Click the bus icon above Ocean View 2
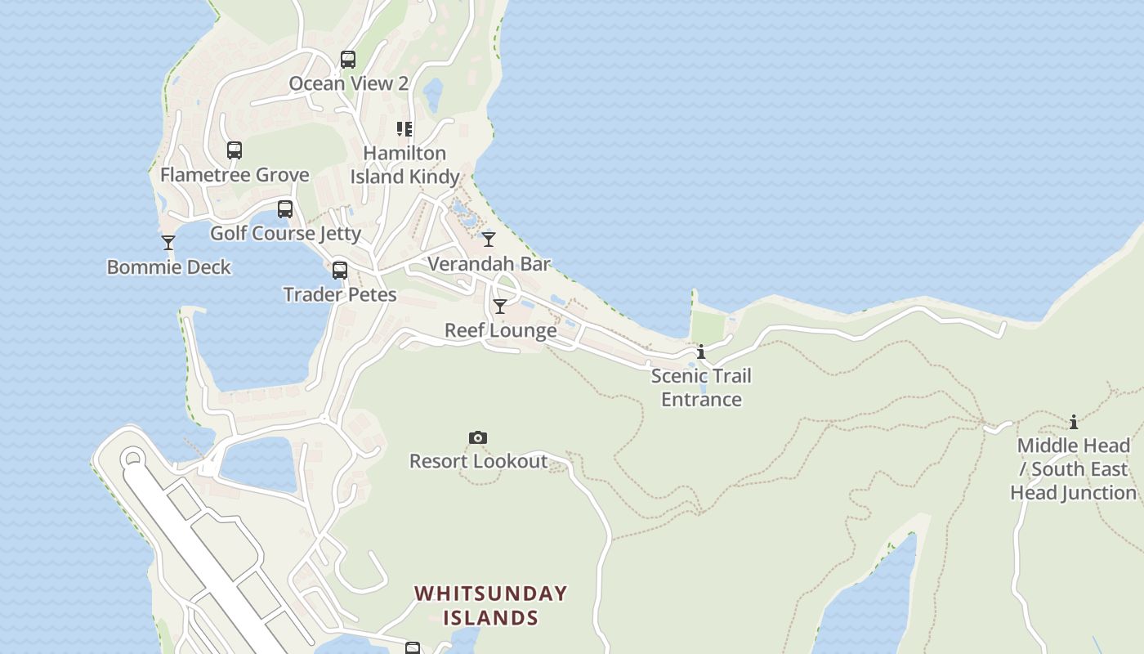(348, 60)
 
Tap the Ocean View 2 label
(348, 83)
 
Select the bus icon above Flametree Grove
(235, 150)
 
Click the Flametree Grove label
(235, 175)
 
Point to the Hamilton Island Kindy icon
(404, 129)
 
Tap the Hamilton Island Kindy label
(404, 165)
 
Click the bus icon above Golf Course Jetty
(285, 209)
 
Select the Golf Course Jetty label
(285, 234)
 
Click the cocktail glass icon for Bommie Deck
(168, 243)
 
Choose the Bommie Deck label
(169, 267)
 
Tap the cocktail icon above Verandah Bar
(489, 240)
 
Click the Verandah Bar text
(489, 264)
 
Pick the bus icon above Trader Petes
(340, 271)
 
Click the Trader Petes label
(340, 295)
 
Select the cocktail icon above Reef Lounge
(500, 307)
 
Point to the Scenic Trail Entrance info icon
(701, 352)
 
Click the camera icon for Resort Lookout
(478, 438)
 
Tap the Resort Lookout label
(478, 462)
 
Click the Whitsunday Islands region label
(490, 606)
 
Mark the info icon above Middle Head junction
(1074, 423)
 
